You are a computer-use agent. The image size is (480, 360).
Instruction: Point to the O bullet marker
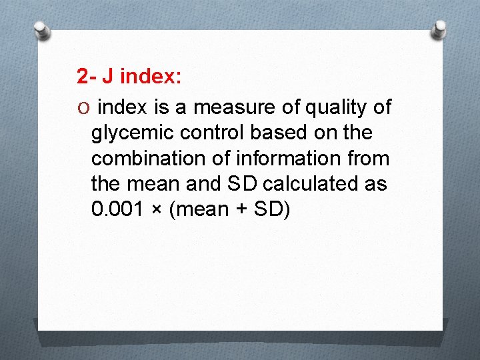(82, 107)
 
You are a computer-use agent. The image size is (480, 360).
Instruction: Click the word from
(369, 158)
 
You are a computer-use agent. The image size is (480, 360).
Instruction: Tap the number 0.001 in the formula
(119, 209)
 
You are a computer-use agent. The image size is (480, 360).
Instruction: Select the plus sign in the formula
(243, 210)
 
